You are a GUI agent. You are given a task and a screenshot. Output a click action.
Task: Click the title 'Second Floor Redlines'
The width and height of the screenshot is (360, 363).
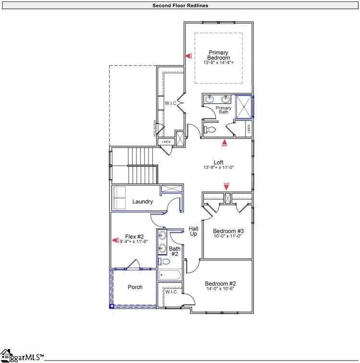point(180,6)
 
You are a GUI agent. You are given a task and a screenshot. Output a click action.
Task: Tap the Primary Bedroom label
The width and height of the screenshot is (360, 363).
point(218,55)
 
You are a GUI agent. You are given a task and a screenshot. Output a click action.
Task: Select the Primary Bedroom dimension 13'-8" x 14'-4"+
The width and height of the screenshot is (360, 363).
point(218,63)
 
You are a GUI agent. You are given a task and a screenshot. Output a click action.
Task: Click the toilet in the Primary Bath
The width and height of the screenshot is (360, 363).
point(210,129)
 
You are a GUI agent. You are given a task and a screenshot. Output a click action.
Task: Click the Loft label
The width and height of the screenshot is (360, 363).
point(219,163)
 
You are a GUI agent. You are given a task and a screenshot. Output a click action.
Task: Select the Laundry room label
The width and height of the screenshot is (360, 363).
point(143,201)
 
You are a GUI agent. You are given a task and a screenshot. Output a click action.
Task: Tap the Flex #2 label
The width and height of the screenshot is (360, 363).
point(135,236)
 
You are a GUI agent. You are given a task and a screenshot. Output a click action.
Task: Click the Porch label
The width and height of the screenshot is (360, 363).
point(135,287)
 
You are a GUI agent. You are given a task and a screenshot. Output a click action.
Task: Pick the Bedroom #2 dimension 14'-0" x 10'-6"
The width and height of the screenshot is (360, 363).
point(220,289)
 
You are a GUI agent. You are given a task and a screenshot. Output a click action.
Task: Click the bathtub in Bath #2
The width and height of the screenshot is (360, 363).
point(169,276)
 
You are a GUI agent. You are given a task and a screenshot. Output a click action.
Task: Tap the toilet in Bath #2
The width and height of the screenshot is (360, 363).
point(165,262)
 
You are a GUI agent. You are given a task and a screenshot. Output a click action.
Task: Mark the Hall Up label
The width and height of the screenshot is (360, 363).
point(194,231)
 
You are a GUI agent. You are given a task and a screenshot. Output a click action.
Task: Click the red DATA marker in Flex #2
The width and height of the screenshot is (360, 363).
point(115,240)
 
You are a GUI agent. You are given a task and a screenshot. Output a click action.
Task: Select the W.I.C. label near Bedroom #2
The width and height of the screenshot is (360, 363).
point(172,292)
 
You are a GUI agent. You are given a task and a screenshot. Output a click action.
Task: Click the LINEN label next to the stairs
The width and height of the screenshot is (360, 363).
point(166,142)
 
